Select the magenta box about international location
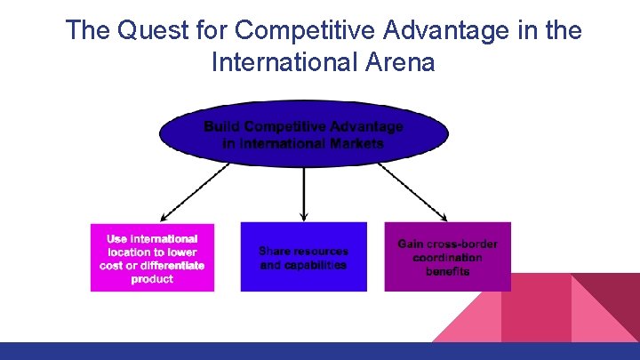pyautogui.click(x=152, y=258)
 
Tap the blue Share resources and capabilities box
pyautogui.click(x=303, y=258)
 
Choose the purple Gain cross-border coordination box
pyautogui.click(x=447, y=256)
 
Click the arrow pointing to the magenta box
pyautogui.click(x=195, y=191)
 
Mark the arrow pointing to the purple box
pyautogui.click(x=412, y=191)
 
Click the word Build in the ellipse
pyautogui.click(x=220, y=126)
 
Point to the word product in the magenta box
pyautogui.click(x=152, y=279)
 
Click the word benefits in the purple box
pyautogui.click(x=447, y=271)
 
